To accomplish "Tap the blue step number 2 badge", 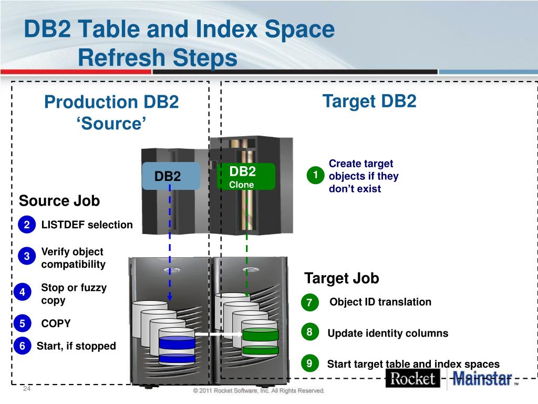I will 26,225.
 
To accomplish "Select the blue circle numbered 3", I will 26,256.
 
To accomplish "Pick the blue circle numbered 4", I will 23,292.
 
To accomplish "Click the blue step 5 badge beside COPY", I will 23,324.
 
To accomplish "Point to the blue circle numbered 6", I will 23,346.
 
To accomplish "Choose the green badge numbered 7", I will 309,302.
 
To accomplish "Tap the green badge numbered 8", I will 309,332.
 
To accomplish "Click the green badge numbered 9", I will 309,363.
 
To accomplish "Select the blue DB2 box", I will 170,176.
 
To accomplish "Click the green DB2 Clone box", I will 246,176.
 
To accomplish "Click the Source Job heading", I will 59,201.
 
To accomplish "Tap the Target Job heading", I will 342,278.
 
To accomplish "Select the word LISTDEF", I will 63,225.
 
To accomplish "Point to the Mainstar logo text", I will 482,379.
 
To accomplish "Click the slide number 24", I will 27,389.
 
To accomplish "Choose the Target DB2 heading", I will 369,101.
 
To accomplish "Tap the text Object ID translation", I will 380,302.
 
